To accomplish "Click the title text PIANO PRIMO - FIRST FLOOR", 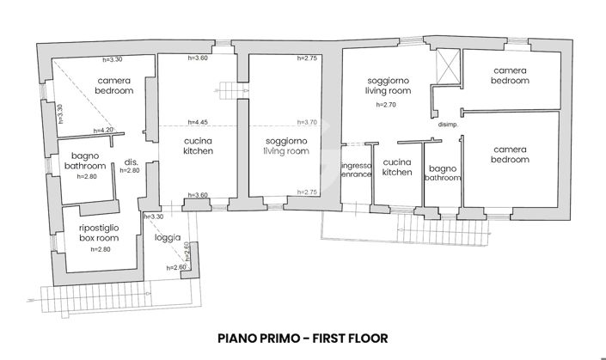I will click(303, 338).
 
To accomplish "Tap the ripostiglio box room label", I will click(101, 233).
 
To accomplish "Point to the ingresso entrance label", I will click(355, 169).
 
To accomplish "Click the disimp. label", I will click(447, 125).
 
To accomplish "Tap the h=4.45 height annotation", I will click(198, 123).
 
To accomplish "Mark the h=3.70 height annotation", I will click(307, 123).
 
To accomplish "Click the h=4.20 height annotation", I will click(103, 131).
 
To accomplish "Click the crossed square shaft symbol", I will click(447, 67).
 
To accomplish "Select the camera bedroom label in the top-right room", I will click(509, 75).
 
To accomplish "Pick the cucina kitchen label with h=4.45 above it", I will click(198, 145).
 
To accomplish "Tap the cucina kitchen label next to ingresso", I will click(397, 167).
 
